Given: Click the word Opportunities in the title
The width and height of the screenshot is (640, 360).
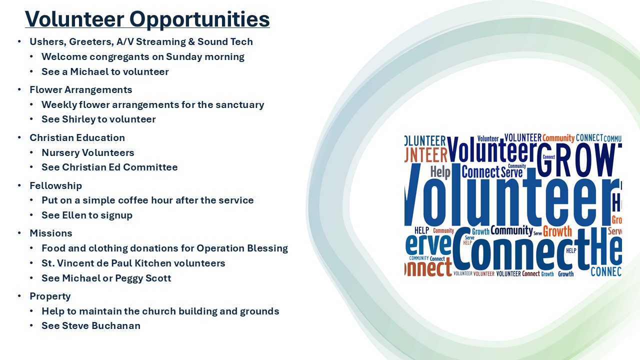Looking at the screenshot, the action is [x=199, y=20].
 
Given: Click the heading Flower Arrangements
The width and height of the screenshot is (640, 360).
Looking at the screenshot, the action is [x=81, y=90].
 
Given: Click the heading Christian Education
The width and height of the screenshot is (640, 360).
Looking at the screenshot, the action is [x=77, y=137].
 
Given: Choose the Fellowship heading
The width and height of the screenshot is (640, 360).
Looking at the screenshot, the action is [x=55, y=186].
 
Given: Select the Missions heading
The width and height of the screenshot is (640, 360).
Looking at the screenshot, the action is [x=51, y=233].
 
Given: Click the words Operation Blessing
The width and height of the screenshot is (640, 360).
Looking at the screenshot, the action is [x=242, y=248].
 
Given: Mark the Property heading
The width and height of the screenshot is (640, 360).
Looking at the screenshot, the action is [x=50, y=296].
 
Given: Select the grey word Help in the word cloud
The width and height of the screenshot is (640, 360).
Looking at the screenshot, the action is [x=440, y=172].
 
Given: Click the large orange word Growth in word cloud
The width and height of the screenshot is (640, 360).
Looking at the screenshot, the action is [x=557, y=231].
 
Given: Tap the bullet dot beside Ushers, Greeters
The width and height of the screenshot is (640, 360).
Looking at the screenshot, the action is [x=19, y=41].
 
